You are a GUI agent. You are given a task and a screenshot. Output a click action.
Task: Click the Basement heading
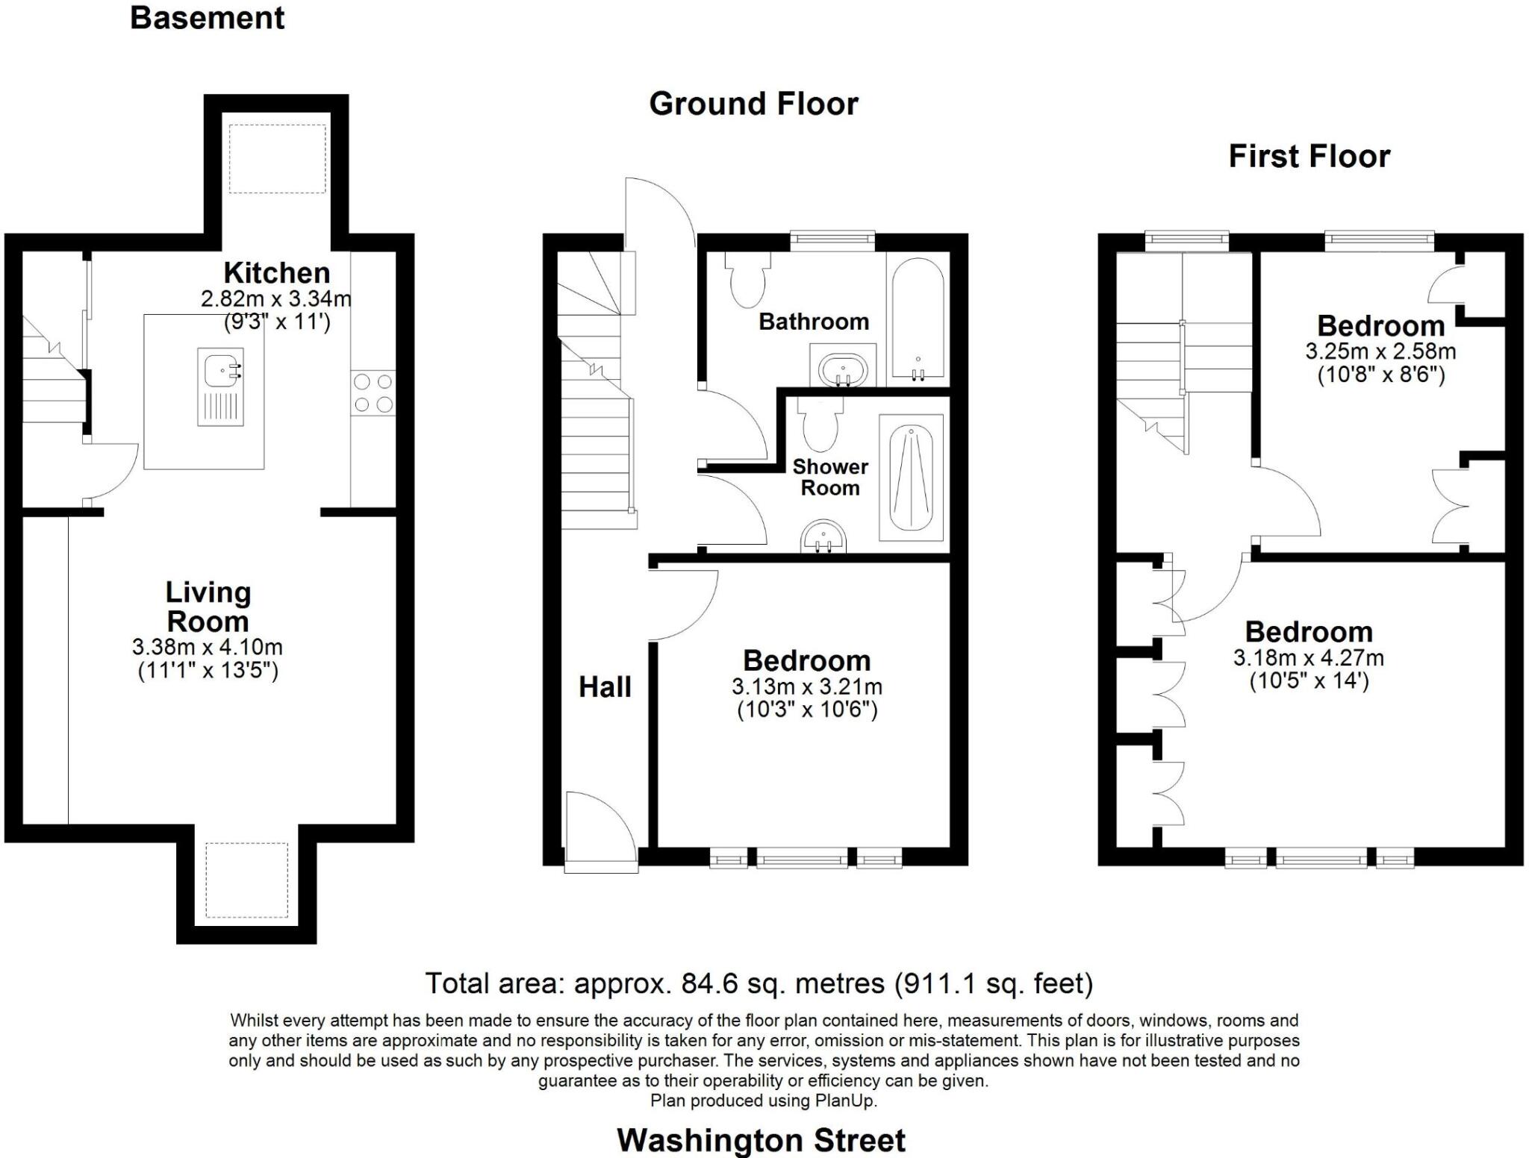tap(207, 18)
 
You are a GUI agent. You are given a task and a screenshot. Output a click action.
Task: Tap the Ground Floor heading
tap(753, 104)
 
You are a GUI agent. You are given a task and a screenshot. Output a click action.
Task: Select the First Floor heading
tap(1310, 157)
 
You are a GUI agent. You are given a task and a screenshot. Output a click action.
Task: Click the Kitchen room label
tap(277, 272)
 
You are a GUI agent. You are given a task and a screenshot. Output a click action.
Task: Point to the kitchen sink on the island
tap(221, 386)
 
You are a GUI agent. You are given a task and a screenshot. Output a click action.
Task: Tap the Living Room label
tap(208, 607)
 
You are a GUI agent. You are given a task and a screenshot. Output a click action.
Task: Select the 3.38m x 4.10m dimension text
tap(208, 647)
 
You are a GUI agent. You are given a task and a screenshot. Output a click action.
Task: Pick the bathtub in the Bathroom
tap(918, 319)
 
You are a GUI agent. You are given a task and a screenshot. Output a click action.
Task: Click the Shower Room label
tap(830, 478)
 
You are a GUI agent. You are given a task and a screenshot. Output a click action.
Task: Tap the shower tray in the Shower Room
tap(912, 478)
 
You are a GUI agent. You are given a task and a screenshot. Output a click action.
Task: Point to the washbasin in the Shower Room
tap(823, 536)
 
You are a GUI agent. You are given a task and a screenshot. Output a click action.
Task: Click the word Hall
tap(605, 687)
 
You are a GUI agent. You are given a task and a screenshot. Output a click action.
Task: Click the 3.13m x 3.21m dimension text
tap(807, 686)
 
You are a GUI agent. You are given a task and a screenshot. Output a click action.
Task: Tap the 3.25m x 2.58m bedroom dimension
tap(1380, 351)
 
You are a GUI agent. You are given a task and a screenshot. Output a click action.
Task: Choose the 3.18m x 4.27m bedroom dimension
tap(1309, 658)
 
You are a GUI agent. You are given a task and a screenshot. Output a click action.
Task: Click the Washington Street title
tap(761, 1140)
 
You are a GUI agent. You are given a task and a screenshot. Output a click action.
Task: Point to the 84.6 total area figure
tap(709, 983)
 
